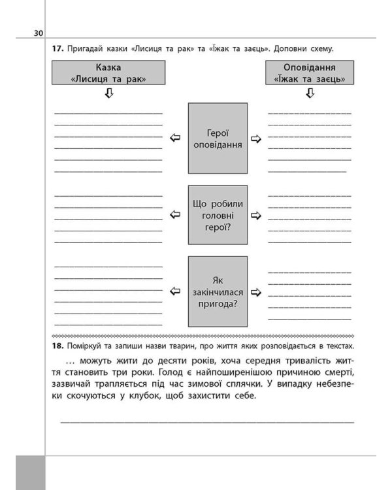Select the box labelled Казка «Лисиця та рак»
click(x=108, y=73)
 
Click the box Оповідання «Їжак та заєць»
click(x=309, y=73)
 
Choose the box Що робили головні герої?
click(x=218, y=214)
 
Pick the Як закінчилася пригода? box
click(x=218, y=291)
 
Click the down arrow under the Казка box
click(x=108, y=94)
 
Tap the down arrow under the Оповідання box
click(x=309, y=94)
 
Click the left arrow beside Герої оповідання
click(x=174, y=138)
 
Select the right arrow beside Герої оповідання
click(x=256, y=139)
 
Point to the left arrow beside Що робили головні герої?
click(x=174, y=214)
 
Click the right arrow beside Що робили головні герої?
click(x=256, y=214)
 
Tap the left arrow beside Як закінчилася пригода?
click(x=174, y=291)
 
